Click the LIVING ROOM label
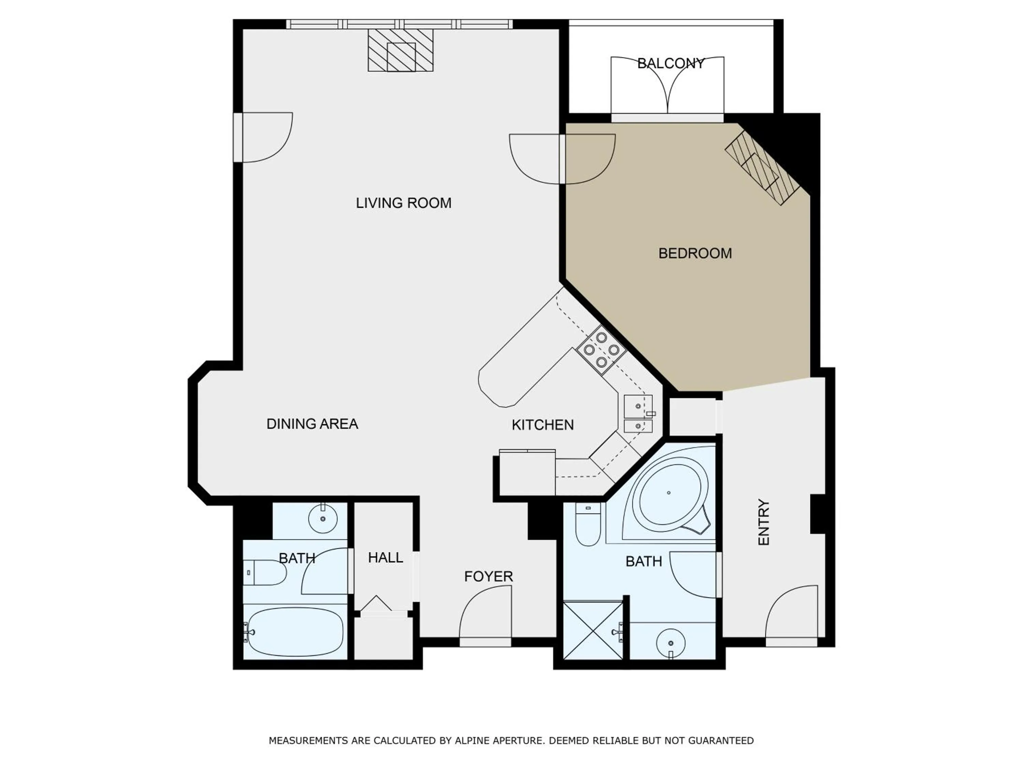tap(403, 203)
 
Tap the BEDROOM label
tap(695, 253)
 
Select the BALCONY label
tap(671, 63)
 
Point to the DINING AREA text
tap(312, 424)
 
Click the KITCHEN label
tap(543, 425)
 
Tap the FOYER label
tap(488, 576)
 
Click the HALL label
tap(385, 558)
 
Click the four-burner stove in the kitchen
tap(601, 350)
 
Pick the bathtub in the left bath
tap(295, 632)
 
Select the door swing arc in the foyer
tap(486, 613)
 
